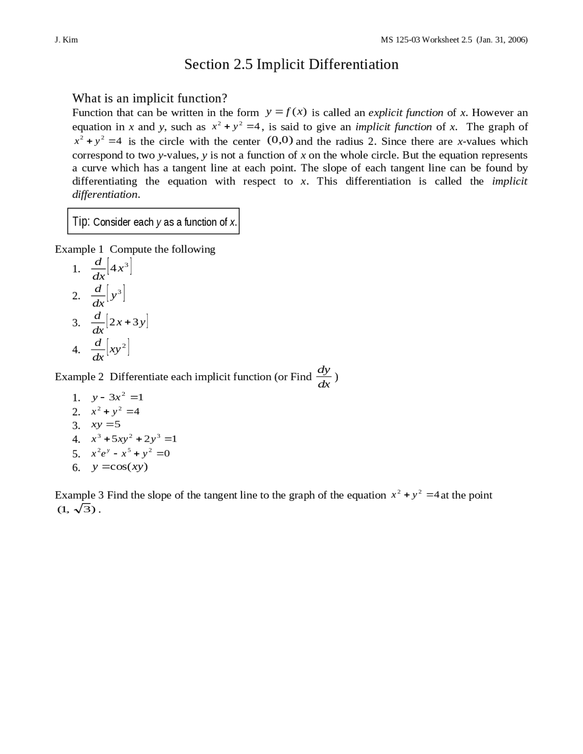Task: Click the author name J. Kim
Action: [66, 40]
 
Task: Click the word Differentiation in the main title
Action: [353, 65]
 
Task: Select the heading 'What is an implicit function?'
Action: [149, 98]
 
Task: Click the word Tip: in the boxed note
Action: [82, 222]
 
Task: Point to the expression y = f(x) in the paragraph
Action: [286, 112]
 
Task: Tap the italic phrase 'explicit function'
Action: [405, 112]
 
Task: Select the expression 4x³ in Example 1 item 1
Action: [120, 268]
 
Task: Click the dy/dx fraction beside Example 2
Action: [323, 377]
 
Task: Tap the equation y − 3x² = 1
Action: [118, 397]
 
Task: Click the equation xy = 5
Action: [106, 425]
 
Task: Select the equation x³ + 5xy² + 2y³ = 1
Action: [134, 439]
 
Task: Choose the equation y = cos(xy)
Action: [120, 467]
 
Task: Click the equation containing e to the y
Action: [130, 453]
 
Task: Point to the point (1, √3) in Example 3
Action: [76, 509]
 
